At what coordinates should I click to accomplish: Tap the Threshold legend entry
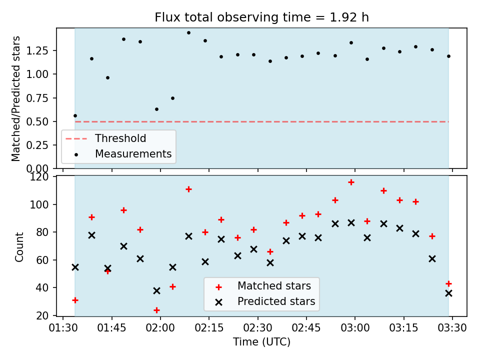[x=106, y=138]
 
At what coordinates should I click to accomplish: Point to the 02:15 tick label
[x=209, y=328]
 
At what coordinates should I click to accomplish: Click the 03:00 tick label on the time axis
[x=355, y=328]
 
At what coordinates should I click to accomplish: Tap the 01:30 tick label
[x=63, y=328]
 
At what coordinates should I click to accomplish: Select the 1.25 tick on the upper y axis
[x=37, y=51]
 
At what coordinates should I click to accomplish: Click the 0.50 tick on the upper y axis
[x=37, y=122]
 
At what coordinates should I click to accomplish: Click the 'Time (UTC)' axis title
[x=261, y=342]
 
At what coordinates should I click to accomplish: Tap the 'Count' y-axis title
[x=19, y=247]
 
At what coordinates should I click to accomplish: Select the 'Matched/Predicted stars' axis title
[x=15, y=98]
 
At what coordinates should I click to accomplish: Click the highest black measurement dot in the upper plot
[x=188, y=33]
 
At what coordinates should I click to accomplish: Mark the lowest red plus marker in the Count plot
[x=156, y=310]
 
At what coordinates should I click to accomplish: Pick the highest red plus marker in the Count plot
[x=351, y=182]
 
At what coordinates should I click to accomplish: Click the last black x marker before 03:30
[x=449, y=293]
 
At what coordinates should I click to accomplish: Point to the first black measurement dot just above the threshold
[x=75, y=115]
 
